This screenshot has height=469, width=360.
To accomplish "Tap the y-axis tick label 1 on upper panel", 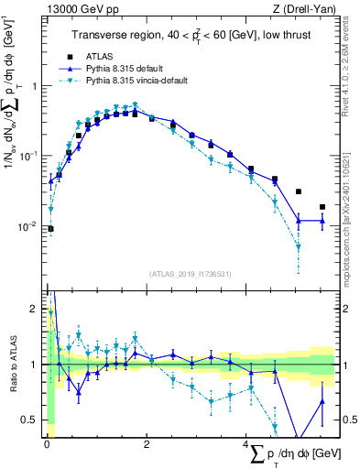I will [34, 86].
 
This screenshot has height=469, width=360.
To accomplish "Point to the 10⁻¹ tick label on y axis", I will [29, 156].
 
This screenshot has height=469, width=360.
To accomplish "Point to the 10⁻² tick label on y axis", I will [29, 226].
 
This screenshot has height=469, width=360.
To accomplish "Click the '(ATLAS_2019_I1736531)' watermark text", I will [190, 274].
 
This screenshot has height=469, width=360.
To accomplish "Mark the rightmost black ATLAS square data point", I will [322, 207].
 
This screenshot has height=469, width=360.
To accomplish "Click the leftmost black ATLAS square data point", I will [51, 229].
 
